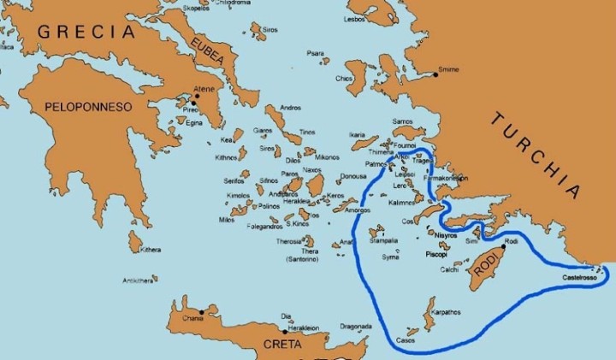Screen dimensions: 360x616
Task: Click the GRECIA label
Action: point(86,32)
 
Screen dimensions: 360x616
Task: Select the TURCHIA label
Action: point(538,154)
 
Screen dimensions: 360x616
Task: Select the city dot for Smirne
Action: point(435,75)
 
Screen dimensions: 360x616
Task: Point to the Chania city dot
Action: point(200,311)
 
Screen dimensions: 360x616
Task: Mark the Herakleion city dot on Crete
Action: point(283,332)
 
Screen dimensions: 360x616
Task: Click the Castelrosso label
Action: point(579,280)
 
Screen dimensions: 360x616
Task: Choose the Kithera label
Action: point(151,250)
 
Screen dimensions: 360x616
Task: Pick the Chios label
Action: point(344,79)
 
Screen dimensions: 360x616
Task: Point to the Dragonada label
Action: point(355,326)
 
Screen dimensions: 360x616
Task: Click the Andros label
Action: point(291,109)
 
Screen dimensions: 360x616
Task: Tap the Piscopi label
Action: point(437,255)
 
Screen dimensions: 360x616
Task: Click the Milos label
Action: point(227,220)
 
